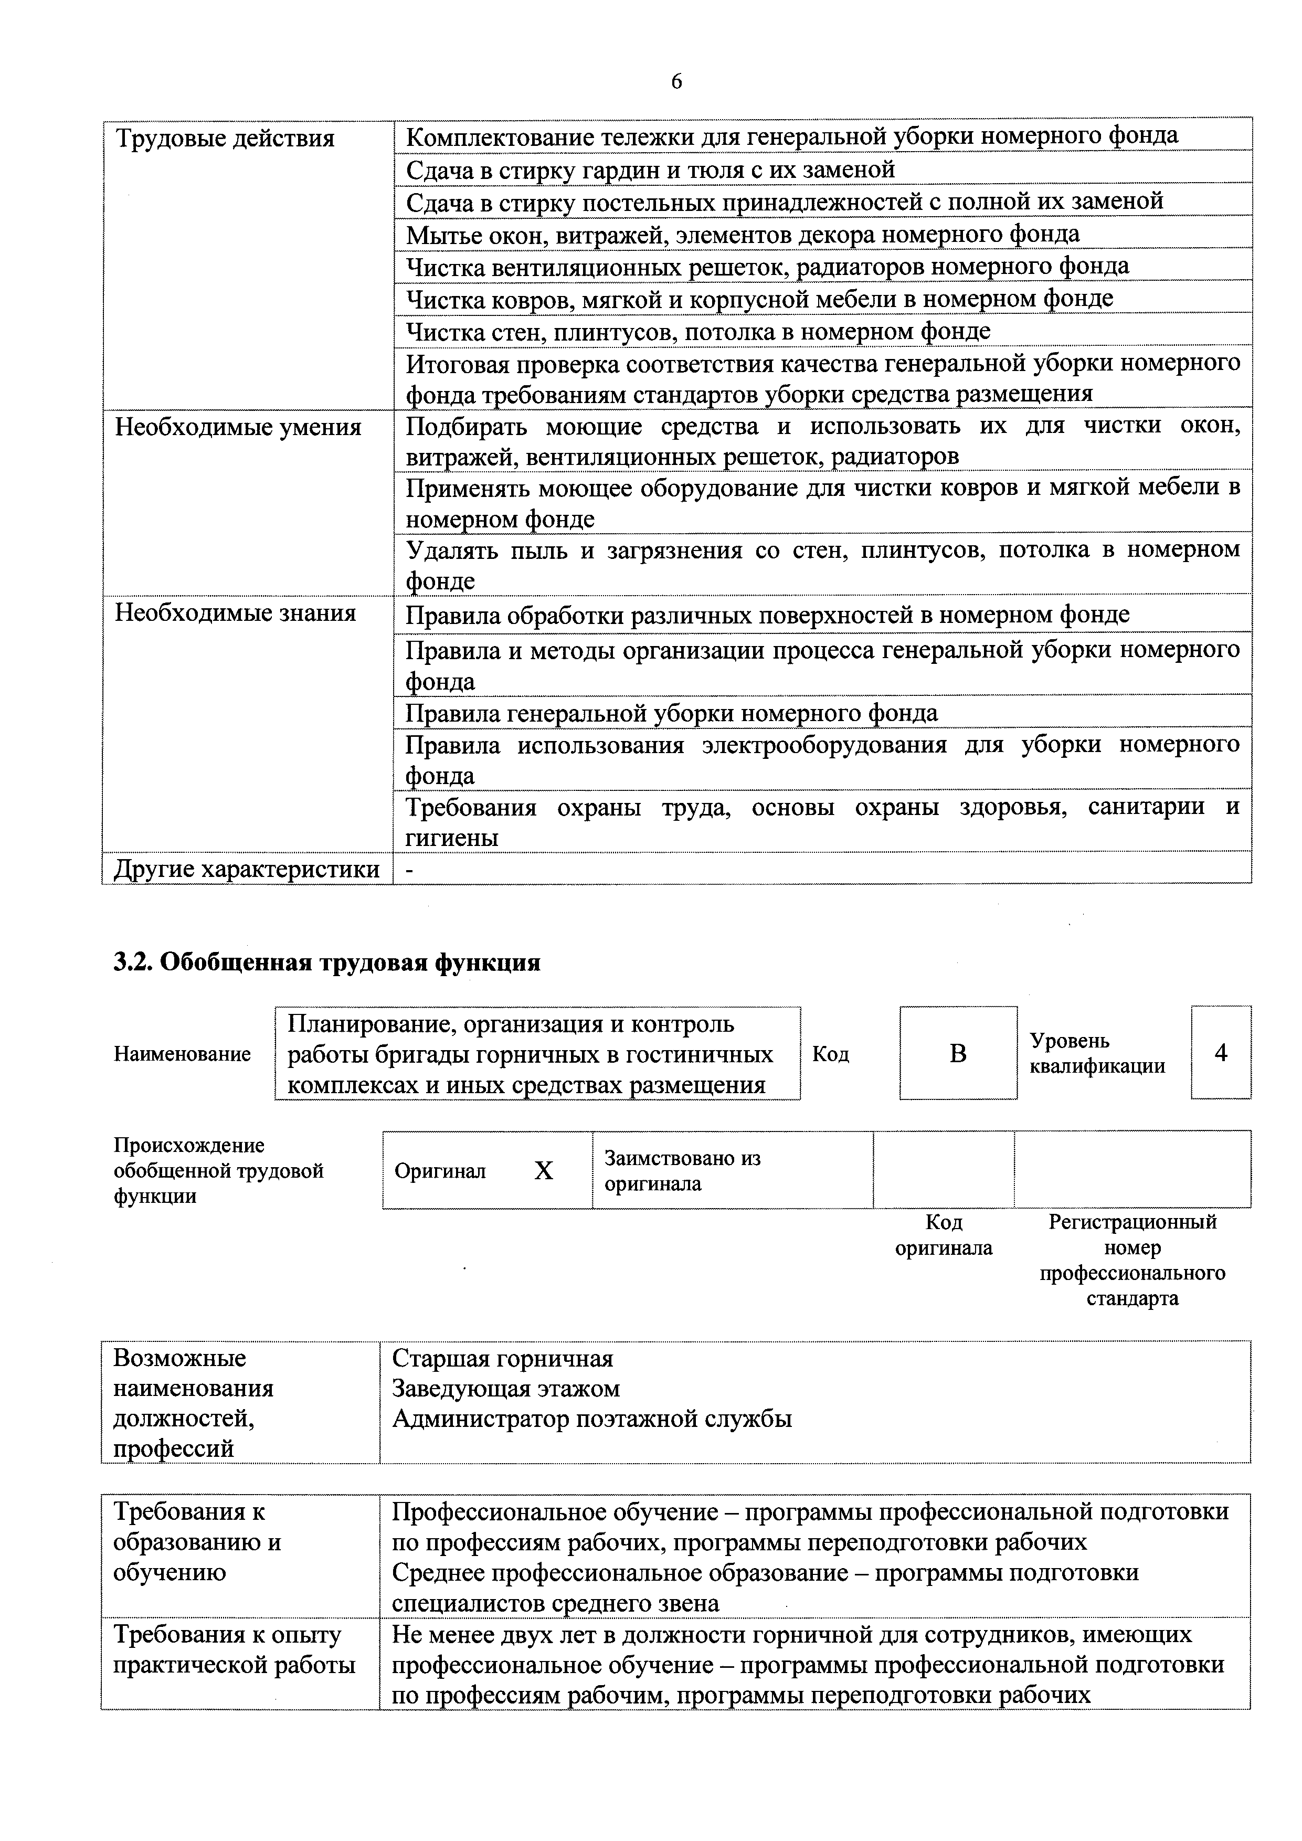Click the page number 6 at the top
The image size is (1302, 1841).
point(676,82)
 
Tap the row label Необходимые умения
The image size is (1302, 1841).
point(238,427)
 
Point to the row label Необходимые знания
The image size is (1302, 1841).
point(235,613)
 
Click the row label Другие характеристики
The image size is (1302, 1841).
point(246,869)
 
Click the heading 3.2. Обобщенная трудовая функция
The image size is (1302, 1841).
point(327,962)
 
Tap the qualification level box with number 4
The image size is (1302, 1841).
point(1220,1053)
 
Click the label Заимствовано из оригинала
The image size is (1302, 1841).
point(682,1171)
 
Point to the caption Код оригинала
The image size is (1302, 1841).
point(943,1235)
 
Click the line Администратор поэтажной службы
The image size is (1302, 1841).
point(591,1419)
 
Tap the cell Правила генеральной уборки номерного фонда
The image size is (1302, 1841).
point(671,713)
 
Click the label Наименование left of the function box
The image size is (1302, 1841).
point(182,1054)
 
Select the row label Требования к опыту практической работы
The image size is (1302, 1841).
point(234,1650)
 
